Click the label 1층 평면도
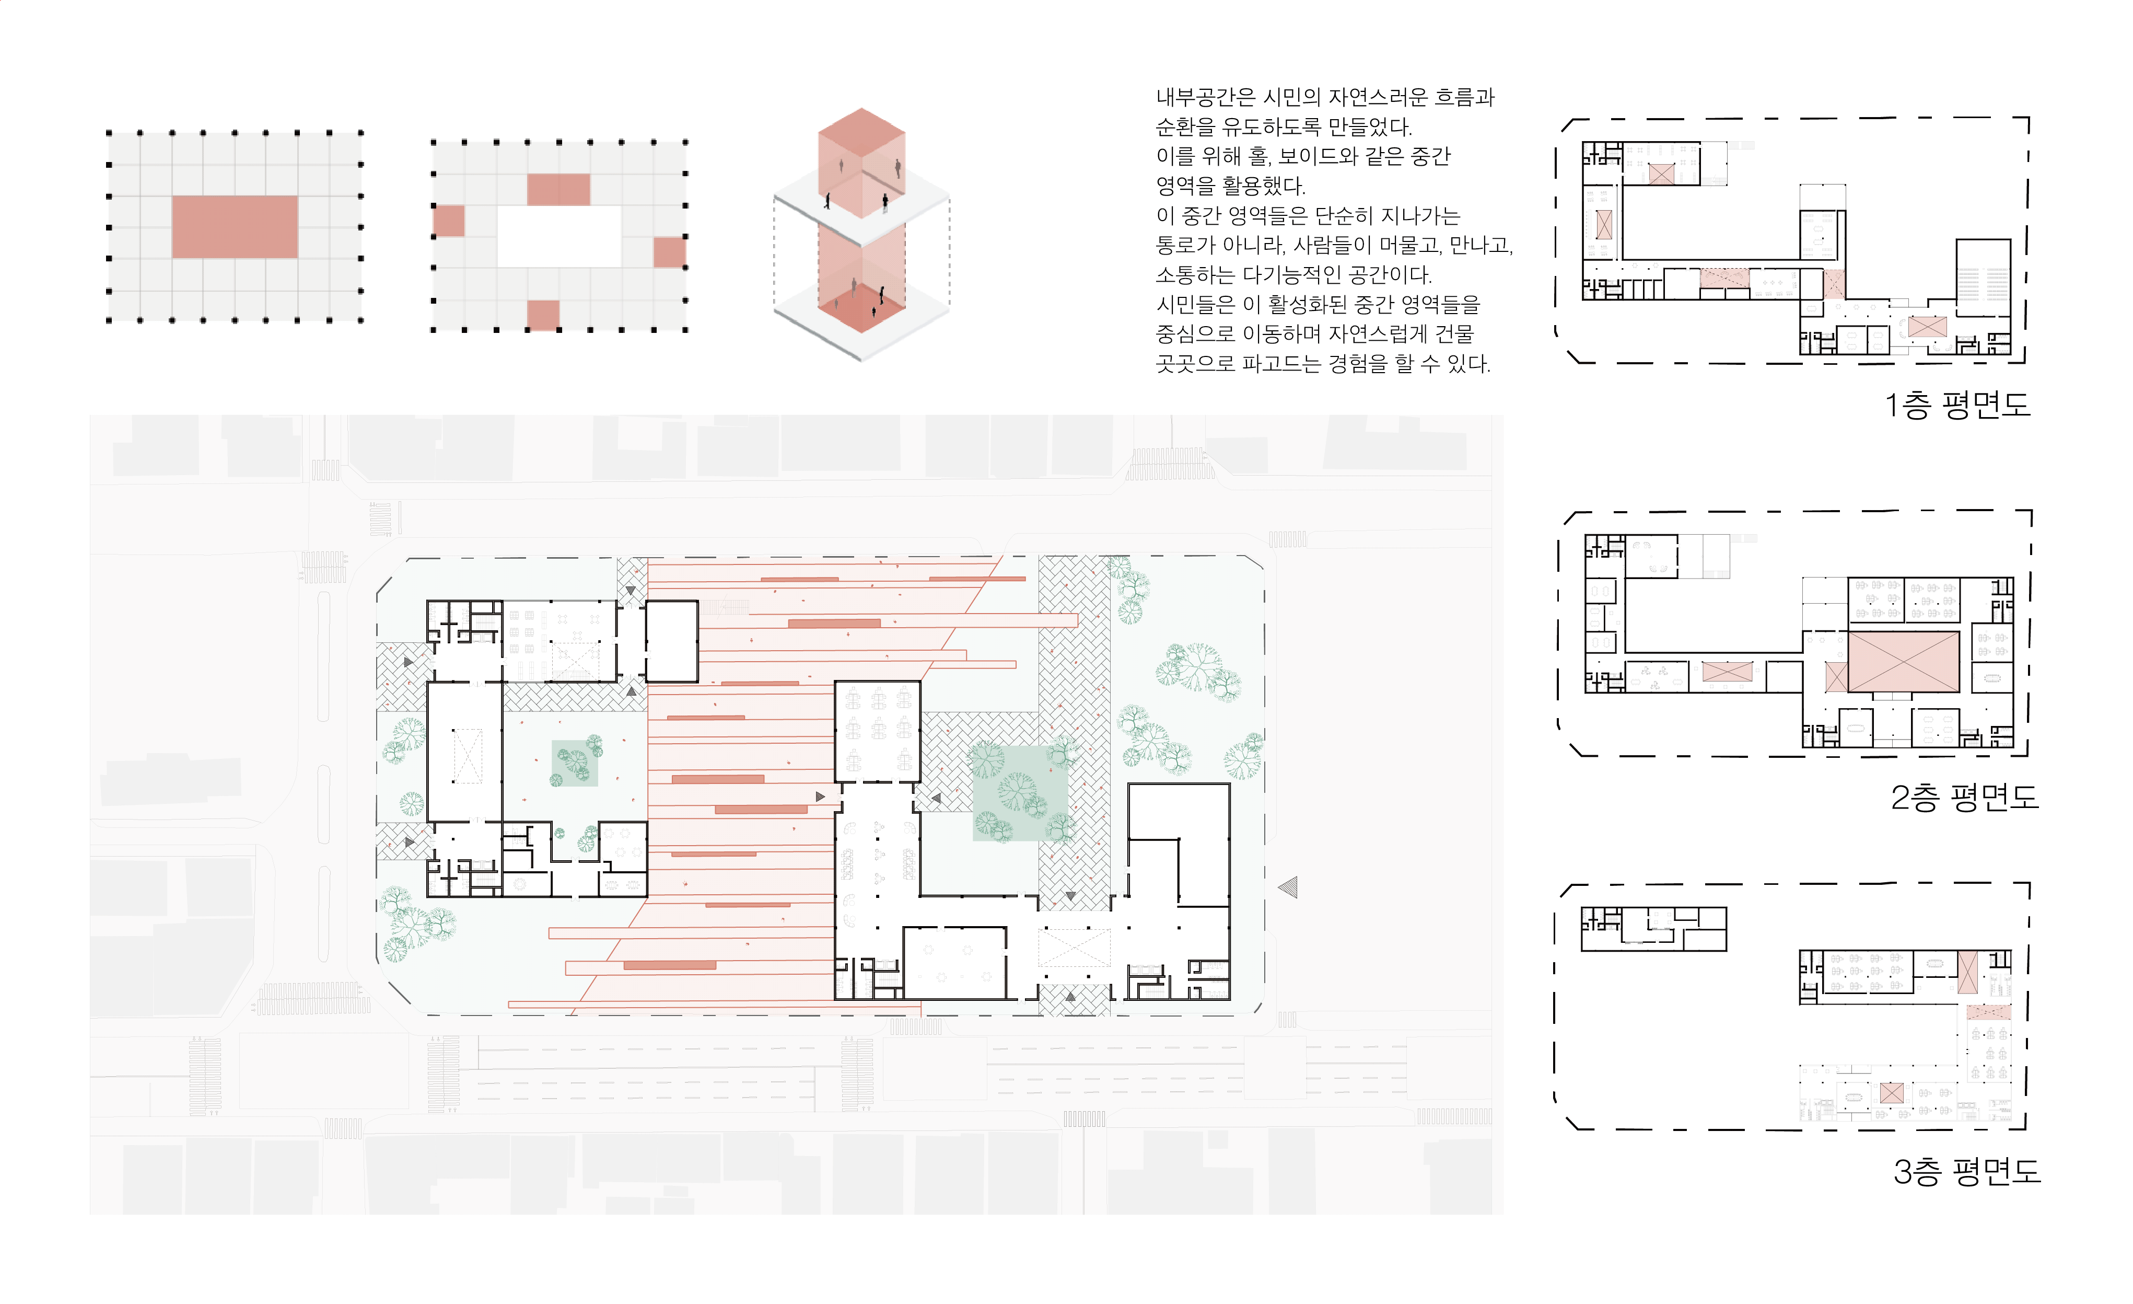coord(1956,405)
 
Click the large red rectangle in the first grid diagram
coord(235,227)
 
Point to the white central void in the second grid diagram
coord(559,236)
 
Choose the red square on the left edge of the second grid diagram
coord(448,221)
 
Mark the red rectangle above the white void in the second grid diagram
coord(558,190)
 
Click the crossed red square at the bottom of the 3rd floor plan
coord(1892,1093)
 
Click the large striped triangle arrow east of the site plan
coord(1289,886)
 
